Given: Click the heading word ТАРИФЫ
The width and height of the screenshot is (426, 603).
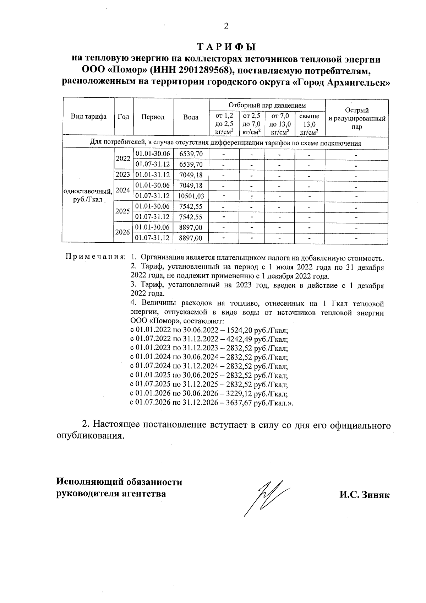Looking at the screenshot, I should pyautogui.click(x=226, y=47).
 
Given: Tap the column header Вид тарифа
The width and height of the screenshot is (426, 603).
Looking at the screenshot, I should pyautogui.click(x=88, y=117).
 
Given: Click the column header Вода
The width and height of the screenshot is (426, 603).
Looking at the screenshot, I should pyautogui.click(x=191, y=117).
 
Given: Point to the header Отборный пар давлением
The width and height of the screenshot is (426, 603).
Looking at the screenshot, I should pyautogui.click(x=267, y=105).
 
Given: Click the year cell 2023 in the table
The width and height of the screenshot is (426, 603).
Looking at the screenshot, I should pyautogui.click(x=123, y=175).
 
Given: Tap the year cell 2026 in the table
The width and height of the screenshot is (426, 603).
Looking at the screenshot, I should pyautogui.click(x=123, y=232).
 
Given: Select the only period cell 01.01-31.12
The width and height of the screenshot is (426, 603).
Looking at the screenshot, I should pyautogui.click(x=153, y=175).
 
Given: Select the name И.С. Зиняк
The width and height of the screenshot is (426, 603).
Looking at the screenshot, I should pyautogui.click(x=364, y=495).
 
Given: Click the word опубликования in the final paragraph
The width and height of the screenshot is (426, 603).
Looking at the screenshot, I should pyautogui.click(x=91, y=436).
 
